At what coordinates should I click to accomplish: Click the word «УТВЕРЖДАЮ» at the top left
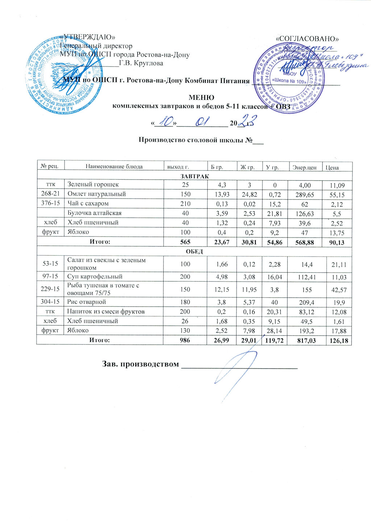[88, 37]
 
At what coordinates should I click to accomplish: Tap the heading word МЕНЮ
[201, 97]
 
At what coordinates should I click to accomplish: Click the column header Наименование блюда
[114, 167]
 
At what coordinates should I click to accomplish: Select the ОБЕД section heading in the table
[194, 251]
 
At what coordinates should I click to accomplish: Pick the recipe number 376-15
[50, 203]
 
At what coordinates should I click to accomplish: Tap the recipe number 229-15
[51, 289]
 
